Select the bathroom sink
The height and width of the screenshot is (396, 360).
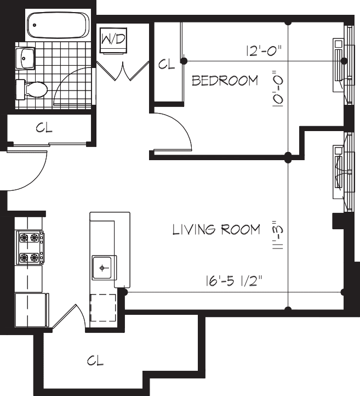point(26,56)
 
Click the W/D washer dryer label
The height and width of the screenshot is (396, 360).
point(115,39)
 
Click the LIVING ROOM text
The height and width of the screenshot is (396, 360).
point(216,229)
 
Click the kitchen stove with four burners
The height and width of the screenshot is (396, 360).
point(31,247)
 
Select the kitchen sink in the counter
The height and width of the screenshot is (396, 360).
point(103,267)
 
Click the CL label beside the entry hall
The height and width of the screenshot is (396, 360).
point(44,128)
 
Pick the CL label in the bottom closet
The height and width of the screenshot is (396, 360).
point(95,360)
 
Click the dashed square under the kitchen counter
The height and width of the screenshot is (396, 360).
point(102,307)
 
